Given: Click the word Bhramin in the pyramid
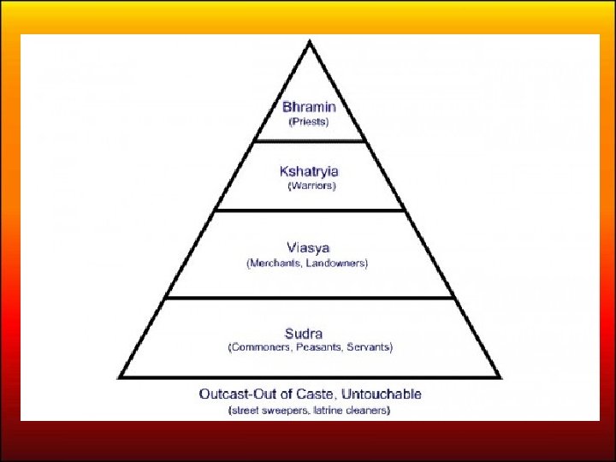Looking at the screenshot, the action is (x=309, y=107).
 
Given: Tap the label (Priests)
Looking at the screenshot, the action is (x=308, y=121).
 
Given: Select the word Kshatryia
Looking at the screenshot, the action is (x=309, y=170).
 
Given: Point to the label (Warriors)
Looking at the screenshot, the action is (x=311, y=185).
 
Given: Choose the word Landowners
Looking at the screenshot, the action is (x=339, y=264).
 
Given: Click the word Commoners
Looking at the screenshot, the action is (x=258, y=347).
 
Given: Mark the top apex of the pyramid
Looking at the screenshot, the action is (x=310, y=40).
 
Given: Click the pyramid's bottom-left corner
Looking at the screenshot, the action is (x=120, y=377).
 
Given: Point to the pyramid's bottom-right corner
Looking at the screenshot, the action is (x=500, y=377).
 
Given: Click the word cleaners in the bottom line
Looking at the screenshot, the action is (x=366, y=411).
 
